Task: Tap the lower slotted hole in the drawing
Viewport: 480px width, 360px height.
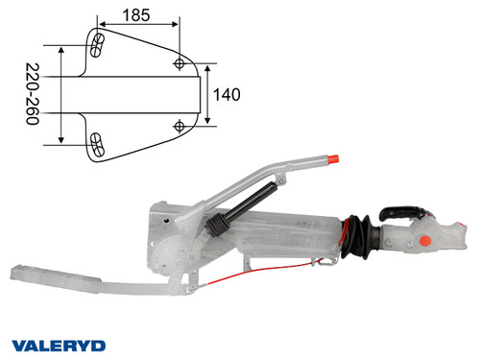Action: click(98, 144)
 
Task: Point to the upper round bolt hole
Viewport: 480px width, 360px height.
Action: click(180, 62)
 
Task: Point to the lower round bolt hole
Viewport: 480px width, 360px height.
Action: click(180, 126)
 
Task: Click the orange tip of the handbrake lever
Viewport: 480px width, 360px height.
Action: click(335, 157)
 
